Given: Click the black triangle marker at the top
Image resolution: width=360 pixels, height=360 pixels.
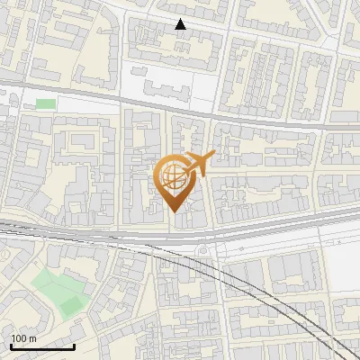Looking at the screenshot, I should pyautogui.click(x=181, y=24).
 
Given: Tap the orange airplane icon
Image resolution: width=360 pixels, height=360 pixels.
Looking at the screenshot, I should pyautogui.click(x=199, y=164).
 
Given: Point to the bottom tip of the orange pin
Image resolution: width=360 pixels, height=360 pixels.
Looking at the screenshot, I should pyautogui.click(x=174, y=211).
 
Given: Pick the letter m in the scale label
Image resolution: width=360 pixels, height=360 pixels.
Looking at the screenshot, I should pyautogui.click(x=32, y=338).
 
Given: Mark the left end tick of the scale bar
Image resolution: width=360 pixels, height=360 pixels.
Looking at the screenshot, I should pyautogui.click(x=11, y=346).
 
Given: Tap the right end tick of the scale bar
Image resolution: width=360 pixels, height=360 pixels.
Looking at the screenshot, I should pyautogui.click(x=75, y=346).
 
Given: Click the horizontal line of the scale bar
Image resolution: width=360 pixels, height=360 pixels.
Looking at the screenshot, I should pyautogui.click(x=42, y=348).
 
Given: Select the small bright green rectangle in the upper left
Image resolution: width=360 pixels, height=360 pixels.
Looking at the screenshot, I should pyautogui.click(x=45, y=103).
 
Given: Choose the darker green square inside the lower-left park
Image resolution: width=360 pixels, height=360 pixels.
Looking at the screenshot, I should pyautogui.click(x=70, y=305).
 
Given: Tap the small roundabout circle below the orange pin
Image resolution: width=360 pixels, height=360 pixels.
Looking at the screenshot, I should pyautogui.click(x=204, y=251).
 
